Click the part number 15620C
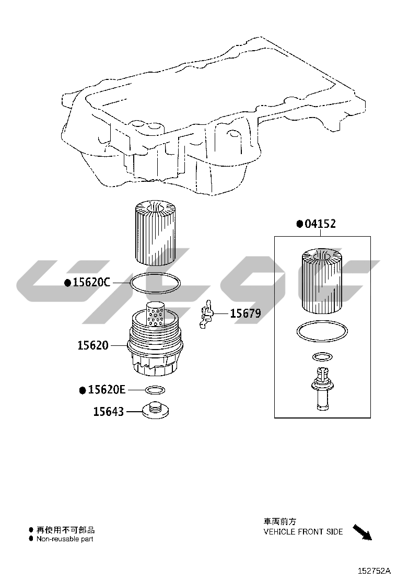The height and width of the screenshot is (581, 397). click(91, 282)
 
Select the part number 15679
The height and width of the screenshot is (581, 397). click(246, 313)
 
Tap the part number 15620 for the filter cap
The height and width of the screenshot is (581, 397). click(93, 345)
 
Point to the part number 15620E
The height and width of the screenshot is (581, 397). click(107, 390)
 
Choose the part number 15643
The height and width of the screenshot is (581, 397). click(109, 411)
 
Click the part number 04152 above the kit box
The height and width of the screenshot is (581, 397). click(320, 224)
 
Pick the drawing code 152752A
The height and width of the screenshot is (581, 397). click(374, 571)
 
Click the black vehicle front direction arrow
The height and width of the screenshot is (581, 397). click(362, 532)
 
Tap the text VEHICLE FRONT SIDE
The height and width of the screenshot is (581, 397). click(303, 532)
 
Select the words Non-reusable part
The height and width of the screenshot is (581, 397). click(65, 539)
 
